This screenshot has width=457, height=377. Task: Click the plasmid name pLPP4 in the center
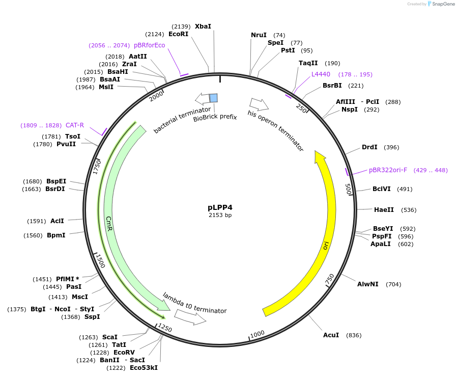pyautogui.click(x=220, y=207)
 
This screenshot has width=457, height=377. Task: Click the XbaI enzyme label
pyautogui.click(x=203, y=26)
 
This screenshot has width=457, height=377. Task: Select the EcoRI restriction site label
pyautogui.click(x=178, y=34)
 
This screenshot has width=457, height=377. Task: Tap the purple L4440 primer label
pyautogui.click(x=321, y=74)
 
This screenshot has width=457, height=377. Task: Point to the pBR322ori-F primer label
pyautogui.click(x=388, y=170)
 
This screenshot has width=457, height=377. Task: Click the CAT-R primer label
pyautogui.click(x=75, y=125)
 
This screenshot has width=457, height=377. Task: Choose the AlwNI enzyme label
pyautogui.click(x=367, y=284)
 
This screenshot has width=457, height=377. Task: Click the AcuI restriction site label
pyautogui.click(x=331, y=335)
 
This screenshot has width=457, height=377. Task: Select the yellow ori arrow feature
pyautogui.click(x=326, y=229)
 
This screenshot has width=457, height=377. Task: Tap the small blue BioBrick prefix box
pyautogui.click(x=214, y=98)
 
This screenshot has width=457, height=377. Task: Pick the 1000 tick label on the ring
pyautogui.click(x=258, y=334)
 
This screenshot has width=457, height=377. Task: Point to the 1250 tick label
pyautogui.click(x=165, y=327)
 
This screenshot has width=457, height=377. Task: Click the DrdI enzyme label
pyautogui.click(x=369, y=147)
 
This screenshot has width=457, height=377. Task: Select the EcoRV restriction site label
pyautogui.click(x=124, y=353)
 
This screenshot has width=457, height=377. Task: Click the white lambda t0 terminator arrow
pyautogui.click(x=191, y=317)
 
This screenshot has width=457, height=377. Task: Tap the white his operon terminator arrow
pyautogui.click(x=259, y=104)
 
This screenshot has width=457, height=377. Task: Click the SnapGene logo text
pyautogui.click(x=442, y=4)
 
